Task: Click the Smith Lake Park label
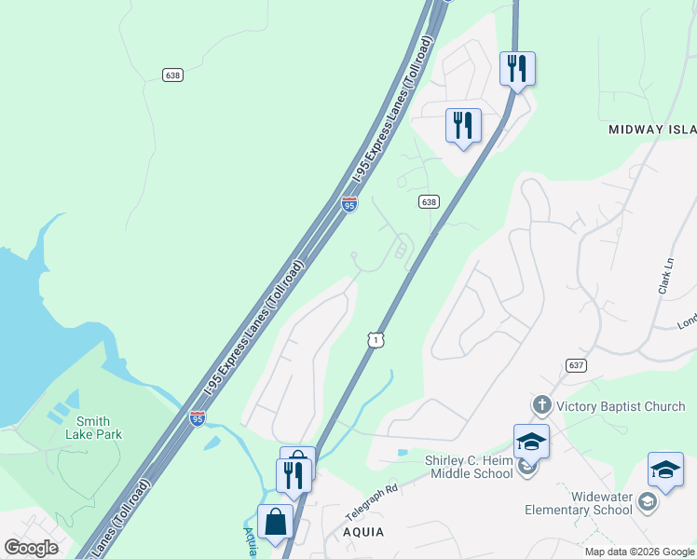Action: point(100,428)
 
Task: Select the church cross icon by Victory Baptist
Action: point(541,406)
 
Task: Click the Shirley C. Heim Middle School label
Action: point(469,467)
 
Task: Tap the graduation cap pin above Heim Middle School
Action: point(531,442)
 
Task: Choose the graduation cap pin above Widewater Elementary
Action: point(665,470)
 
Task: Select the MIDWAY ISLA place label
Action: point(652,130)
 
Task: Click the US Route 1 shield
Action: point(375,341)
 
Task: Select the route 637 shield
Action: point(575,365)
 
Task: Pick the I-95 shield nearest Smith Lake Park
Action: point(198,419)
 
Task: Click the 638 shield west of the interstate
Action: point(172,75)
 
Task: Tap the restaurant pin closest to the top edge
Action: point(516,69)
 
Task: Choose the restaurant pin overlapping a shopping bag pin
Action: point(294,475)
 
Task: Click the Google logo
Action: point(31,548)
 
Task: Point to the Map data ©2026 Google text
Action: point(639,552)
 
